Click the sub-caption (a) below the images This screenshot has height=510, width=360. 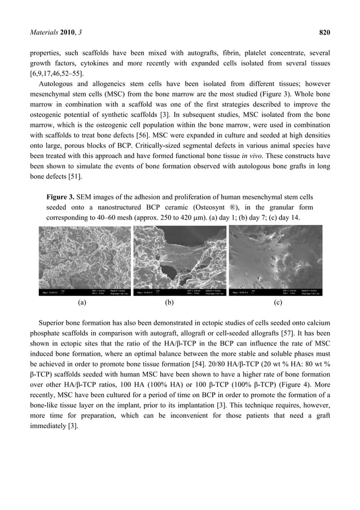[82, 302]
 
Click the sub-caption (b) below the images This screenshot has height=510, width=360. [169, 302]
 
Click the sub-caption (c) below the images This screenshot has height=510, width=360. [277, 302]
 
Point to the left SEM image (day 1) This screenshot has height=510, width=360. [84, 260]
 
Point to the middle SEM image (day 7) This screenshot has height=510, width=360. [179, 260]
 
